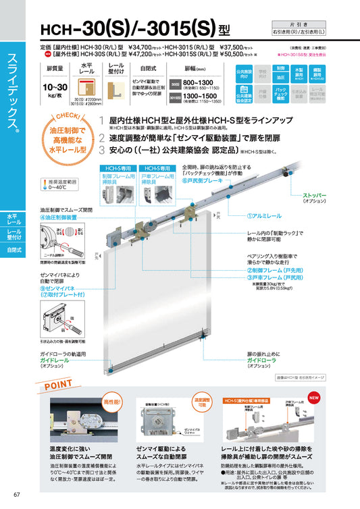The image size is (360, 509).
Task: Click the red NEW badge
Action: pos(313,398)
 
